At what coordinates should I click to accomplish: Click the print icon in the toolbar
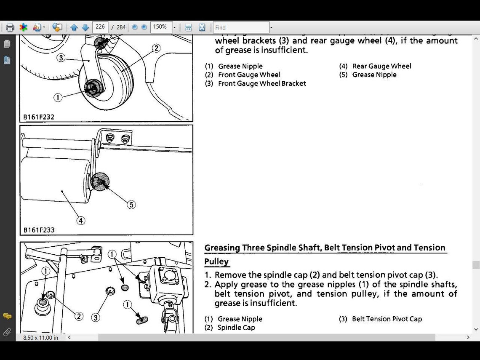click(x=10, y=27)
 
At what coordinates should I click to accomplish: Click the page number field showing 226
click(x=100, y=27)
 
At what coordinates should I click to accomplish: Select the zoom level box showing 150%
click(x=160, y=27)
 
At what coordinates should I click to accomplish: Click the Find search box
click(x=241, y=27)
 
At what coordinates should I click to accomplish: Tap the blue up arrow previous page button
click(x=74, y=27)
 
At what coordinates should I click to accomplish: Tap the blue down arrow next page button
click(x=85, y=27)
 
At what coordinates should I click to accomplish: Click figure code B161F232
click(x=39, y=117)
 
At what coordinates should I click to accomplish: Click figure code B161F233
click(x=39, y=230)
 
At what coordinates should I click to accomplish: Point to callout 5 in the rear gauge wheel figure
click(x=131, y=205)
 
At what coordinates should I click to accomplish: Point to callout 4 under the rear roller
click(x=80, y=220)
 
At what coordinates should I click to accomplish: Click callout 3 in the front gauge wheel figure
click(x=61, y=58)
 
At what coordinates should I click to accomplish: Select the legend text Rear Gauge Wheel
click(x=381, y=66)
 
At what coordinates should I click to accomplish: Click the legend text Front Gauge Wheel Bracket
click(x=262, y=83)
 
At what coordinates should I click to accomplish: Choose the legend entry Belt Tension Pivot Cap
click(x=387, y=319)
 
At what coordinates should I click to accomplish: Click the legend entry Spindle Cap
click(x=236, y=328)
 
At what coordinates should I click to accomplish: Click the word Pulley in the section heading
click(x=216, y=261)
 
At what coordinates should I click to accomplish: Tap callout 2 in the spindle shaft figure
click(x=79, y=316)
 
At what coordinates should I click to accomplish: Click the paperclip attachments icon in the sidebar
click(x=7, y=332)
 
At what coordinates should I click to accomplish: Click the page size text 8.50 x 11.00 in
click(x=41, y=338)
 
